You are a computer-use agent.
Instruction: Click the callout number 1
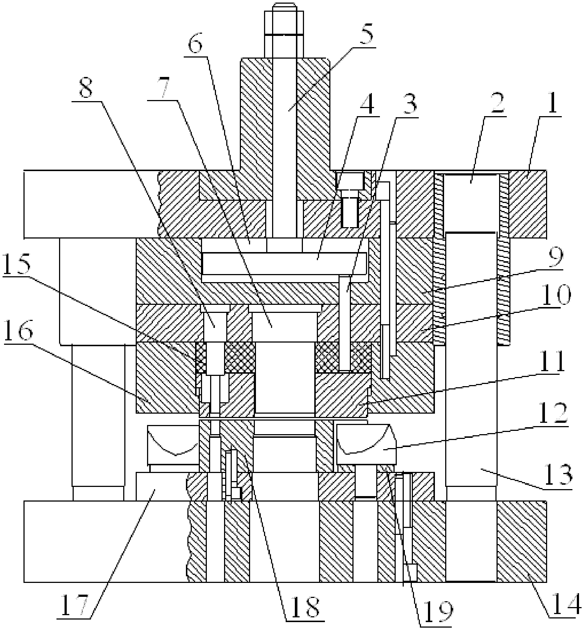(552, 101)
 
